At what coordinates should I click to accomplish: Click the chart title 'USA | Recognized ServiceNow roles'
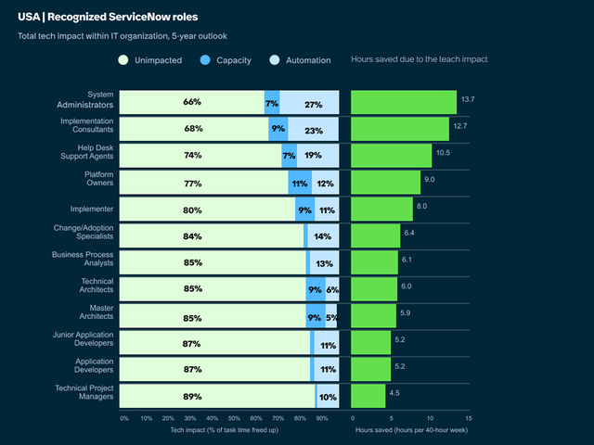[x=107, y=17]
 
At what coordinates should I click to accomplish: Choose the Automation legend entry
[x=301, y=60]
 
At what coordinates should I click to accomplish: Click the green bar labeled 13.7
[x=404, y=102]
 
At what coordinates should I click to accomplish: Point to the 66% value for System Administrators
[x=192, y=102]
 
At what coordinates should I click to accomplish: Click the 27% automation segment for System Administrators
[x=313, y=102]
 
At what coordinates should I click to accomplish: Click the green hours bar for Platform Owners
[x=386, y=183]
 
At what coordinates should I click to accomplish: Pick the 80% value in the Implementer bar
[x=192, y=210]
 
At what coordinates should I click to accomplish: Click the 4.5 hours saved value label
[x=394, y=393]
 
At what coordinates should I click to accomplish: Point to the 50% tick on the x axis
[x=234, y=418]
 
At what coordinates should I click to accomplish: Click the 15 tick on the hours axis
[x=469, y=418]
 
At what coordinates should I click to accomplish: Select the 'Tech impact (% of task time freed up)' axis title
[x=225, y=431]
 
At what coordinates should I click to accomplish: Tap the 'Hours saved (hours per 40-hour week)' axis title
[x=410, y=431]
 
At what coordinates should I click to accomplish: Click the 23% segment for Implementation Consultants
[x=313, y=129]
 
